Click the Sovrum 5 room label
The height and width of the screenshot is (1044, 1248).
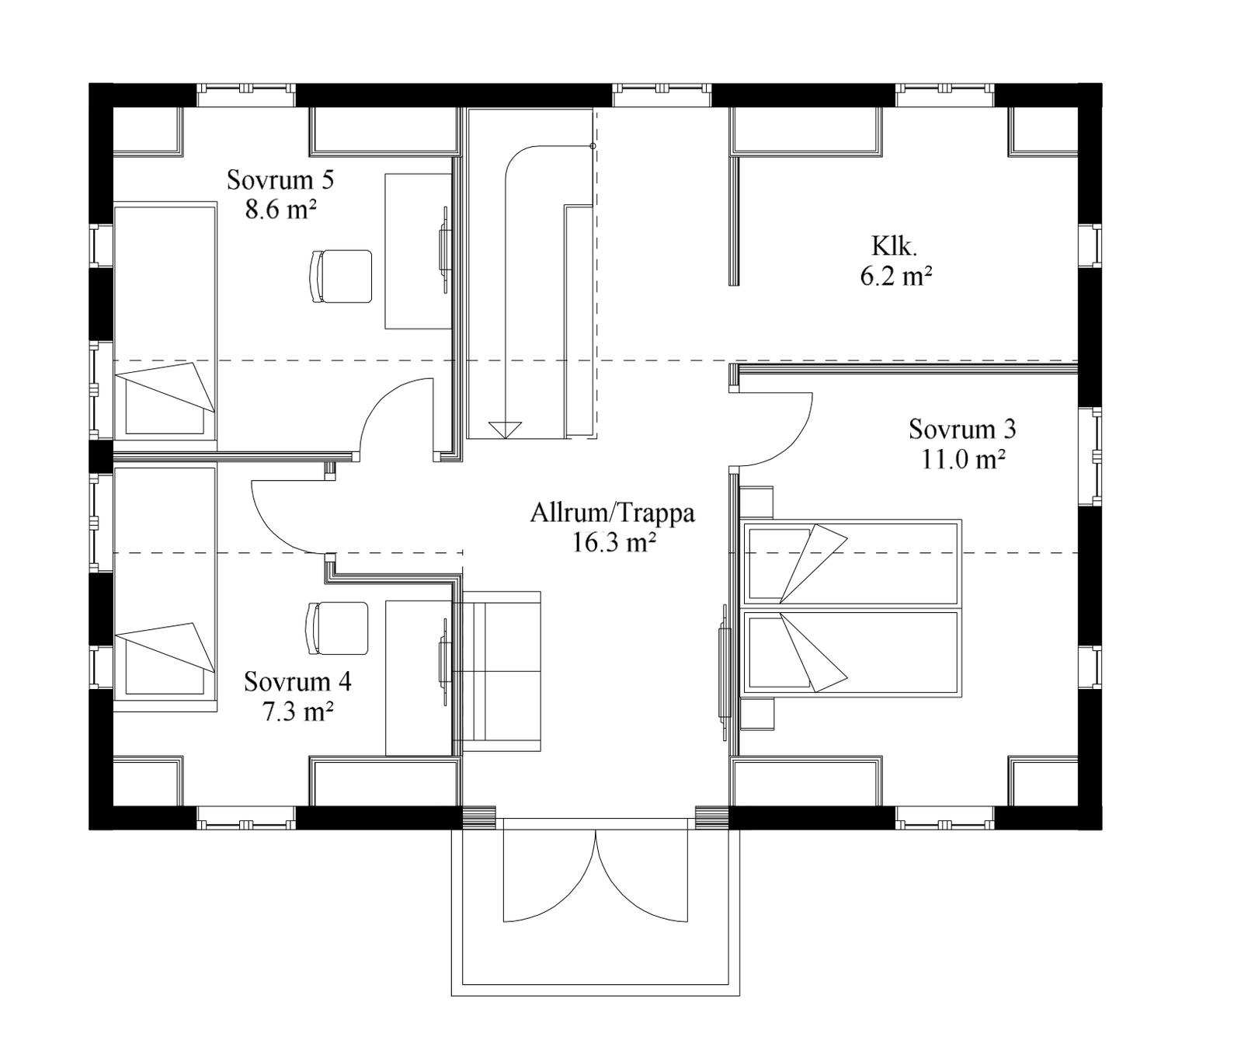(x=280, y=180)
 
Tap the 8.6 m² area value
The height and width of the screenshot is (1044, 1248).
(x=280, y=210)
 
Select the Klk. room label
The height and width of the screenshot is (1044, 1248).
(x=895, y=246)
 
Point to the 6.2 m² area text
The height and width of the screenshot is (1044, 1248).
(x=895, y=276)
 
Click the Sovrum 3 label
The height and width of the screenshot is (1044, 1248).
(x=962, y=429)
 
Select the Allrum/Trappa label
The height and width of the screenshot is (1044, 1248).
(x=613, y=513)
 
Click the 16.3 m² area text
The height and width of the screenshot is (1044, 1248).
(x=614, y=542)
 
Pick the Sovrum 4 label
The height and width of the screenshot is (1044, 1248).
(x=297, y=681)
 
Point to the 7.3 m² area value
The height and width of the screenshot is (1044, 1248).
(x=298, y=711)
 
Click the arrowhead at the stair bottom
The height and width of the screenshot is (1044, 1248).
(x=505, y=430)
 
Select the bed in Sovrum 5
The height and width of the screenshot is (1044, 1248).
(x=165, y=320)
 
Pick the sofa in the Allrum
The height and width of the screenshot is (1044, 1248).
(x=497, y=672)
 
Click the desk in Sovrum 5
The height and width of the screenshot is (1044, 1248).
(x=419, y=251)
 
